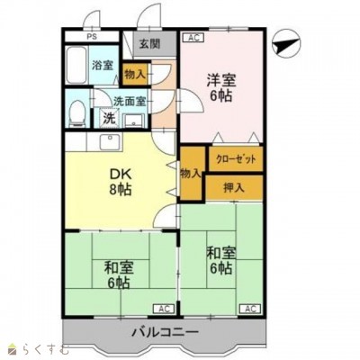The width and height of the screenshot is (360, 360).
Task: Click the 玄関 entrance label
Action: [149, 44]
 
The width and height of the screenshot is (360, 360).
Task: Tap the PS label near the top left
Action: [92, 38]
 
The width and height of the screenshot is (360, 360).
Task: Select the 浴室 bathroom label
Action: [101, 65]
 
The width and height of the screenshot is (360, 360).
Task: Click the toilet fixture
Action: [78, 112]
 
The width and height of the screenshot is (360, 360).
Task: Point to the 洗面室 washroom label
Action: [129, 103]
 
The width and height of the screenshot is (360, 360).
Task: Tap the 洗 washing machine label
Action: [107, 118]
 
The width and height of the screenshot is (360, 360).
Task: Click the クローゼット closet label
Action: [236, 159]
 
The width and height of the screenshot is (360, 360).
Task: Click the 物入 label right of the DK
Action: [190, 172]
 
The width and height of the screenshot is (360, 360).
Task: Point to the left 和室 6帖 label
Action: [114, 274]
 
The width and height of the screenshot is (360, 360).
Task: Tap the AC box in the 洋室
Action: [193, 38]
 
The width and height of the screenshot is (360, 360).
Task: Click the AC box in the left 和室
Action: [163, 308]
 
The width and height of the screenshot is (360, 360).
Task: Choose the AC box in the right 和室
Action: [249, 308]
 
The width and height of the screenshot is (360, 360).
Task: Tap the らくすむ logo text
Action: [40, 348]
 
